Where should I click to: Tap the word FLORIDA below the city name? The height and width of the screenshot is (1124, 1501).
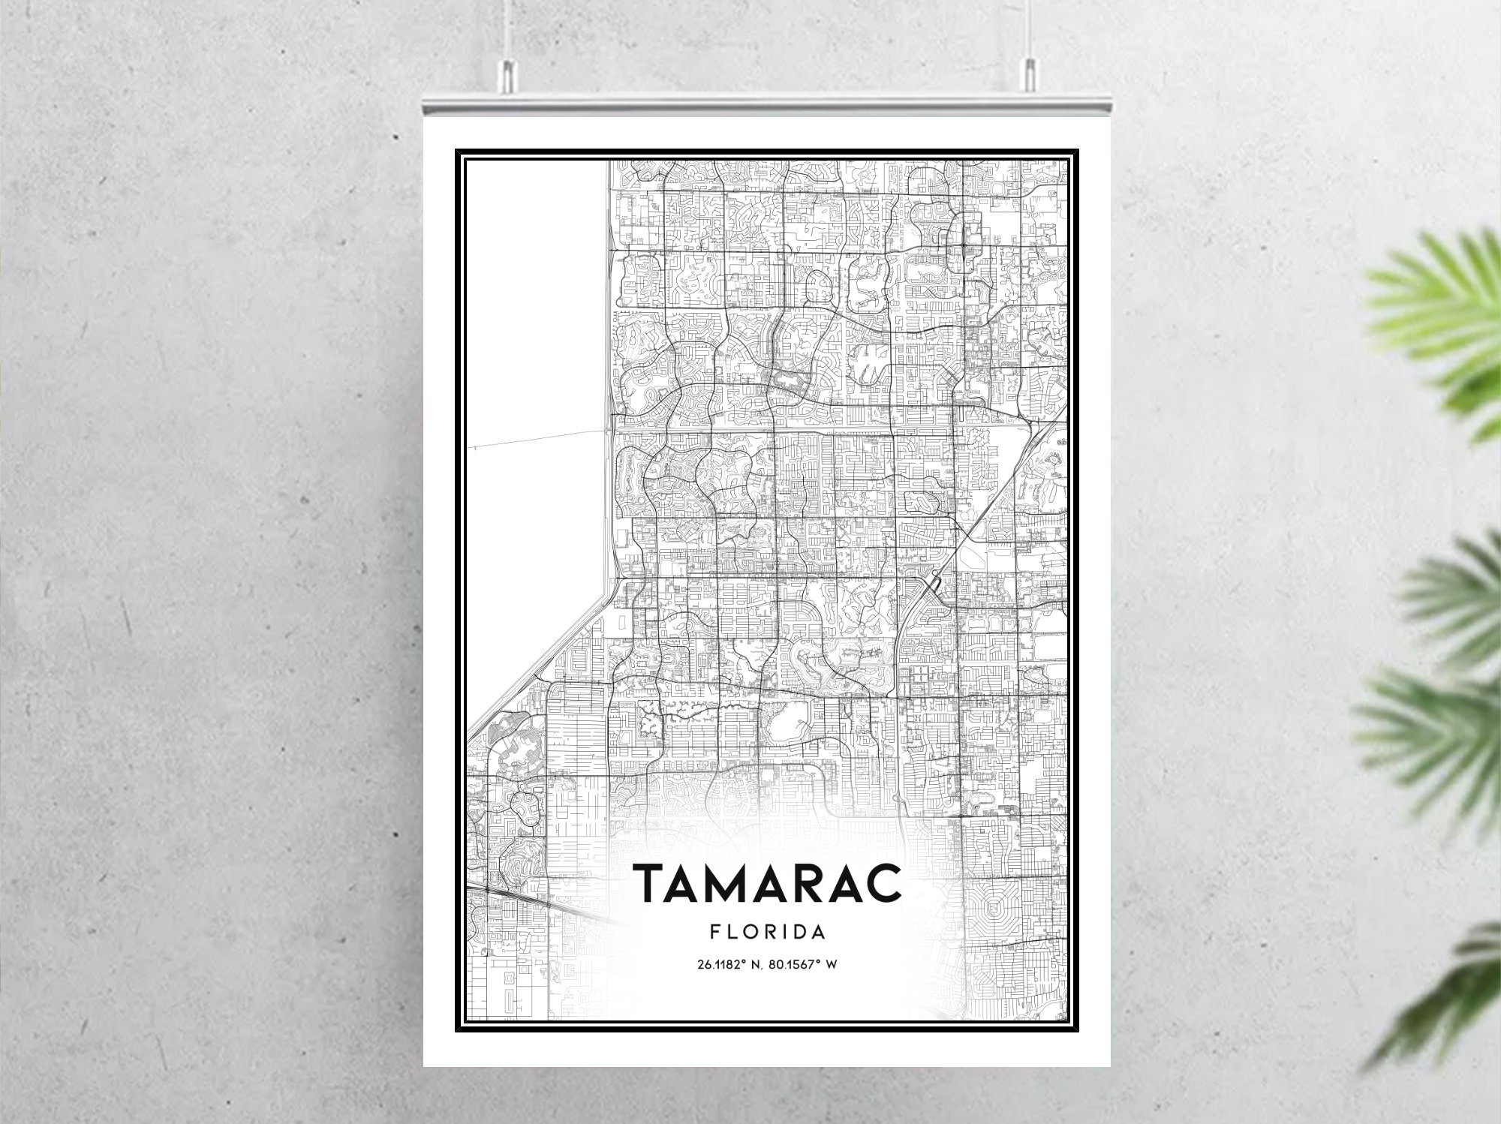tap(767, 933)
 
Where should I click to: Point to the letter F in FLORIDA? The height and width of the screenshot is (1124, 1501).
tap(714, 933)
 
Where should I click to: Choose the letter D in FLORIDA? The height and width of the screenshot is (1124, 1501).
tap(798, 933)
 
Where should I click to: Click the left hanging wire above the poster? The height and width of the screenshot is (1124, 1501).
tap(508, 30)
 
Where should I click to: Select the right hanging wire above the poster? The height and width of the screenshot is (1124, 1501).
tap(1026, 30)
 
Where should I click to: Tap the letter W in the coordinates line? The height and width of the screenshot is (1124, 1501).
tap(831, 964)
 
